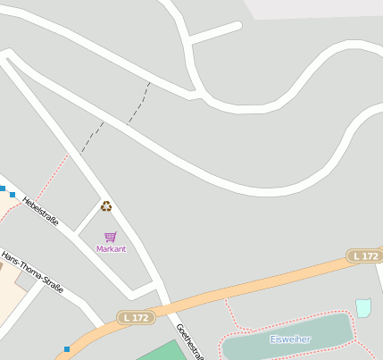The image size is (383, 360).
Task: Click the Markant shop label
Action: click(x=111, y=249)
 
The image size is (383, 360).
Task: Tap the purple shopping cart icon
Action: click(x=110, y=237)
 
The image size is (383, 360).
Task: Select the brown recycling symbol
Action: click(x=106, y=206)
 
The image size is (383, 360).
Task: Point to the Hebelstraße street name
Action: click(x=41, y=211)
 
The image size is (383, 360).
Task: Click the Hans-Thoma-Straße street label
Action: click(x=32, y=272)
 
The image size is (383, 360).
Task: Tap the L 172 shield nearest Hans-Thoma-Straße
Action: click(x=136, y=317)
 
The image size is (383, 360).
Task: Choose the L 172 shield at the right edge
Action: click(x=365, y=256)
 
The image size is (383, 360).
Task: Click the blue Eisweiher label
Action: click(x=290, y=339)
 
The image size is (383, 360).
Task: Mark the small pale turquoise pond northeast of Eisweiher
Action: click(x=363, y=308)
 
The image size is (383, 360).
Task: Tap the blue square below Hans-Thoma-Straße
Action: click(x=67, y=348)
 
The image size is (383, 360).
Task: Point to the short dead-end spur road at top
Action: click(x=216, y=33)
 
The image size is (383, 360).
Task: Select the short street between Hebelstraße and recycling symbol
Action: click(x=87, y=217)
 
